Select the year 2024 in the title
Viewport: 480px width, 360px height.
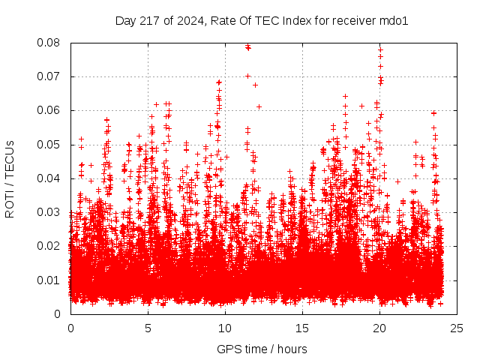[187, 21]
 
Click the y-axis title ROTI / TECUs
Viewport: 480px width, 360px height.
[10, 178]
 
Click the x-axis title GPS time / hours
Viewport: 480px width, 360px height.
[262, 349]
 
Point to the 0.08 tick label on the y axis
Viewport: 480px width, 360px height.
[49, 43]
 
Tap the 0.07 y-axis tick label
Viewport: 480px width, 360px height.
[49, 76]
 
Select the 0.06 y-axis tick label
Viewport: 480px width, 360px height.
[49, 110]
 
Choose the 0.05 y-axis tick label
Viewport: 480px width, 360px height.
[49, 144]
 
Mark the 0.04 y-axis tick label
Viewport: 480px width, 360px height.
[49, 178]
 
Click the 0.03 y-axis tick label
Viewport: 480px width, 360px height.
[49, 212]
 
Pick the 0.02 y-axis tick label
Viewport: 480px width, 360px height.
[49, 246]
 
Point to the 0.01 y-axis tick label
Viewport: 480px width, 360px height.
[49, 280]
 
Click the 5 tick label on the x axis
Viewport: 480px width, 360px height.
[148, 328]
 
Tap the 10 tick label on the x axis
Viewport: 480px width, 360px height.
[225, 328]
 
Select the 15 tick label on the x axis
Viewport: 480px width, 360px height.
[302, 328]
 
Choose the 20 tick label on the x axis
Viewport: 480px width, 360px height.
[380, 328]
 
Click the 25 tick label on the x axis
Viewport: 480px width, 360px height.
[457, 328]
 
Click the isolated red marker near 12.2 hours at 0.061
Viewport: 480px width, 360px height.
[259, 106]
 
